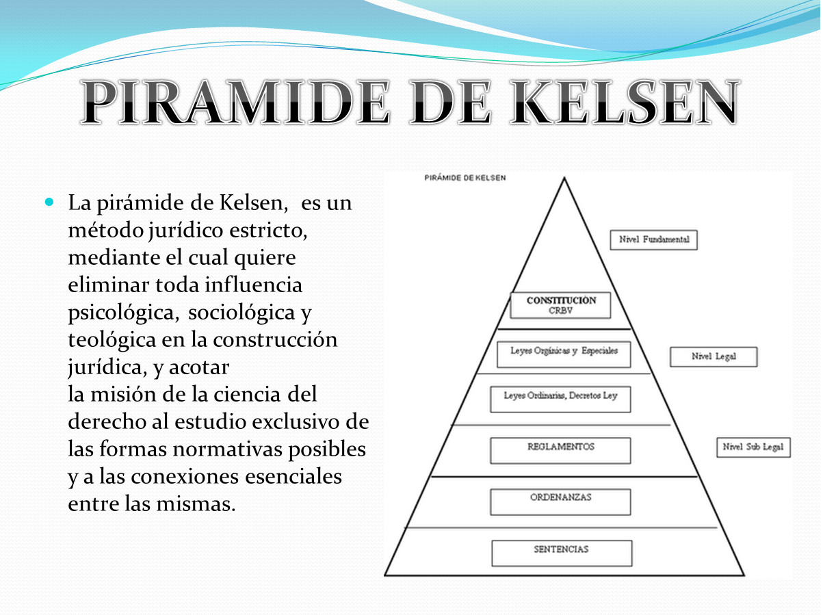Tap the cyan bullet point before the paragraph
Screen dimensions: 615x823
coord(49,202)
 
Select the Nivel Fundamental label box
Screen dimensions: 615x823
coord(653,240)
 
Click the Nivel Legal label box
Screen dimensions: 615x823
coord(714,356)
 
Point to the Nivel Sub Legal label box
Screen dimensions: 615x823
coord(753,447)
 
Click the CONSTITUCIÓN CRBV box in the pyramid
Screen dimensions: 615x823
coord(561,305)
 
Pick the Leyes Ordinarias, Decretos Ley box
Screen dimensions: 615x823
coord(560,400)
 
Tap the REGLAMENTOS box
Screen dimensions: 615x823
coord(560,450)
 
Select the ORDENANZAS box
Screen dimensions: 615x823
coord(560,501)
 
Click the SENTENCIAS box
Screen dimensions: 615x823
coord(561,553)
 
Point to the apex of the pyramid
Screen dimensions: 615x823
coord(564,179)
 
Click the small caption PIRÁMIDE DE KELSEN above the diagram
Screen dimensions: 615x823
coord(465,179)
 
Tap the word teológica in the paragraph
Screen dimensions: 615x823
coord(114,340)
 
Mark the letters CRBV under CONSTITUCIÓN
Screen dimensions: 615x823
coord(560,310)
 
